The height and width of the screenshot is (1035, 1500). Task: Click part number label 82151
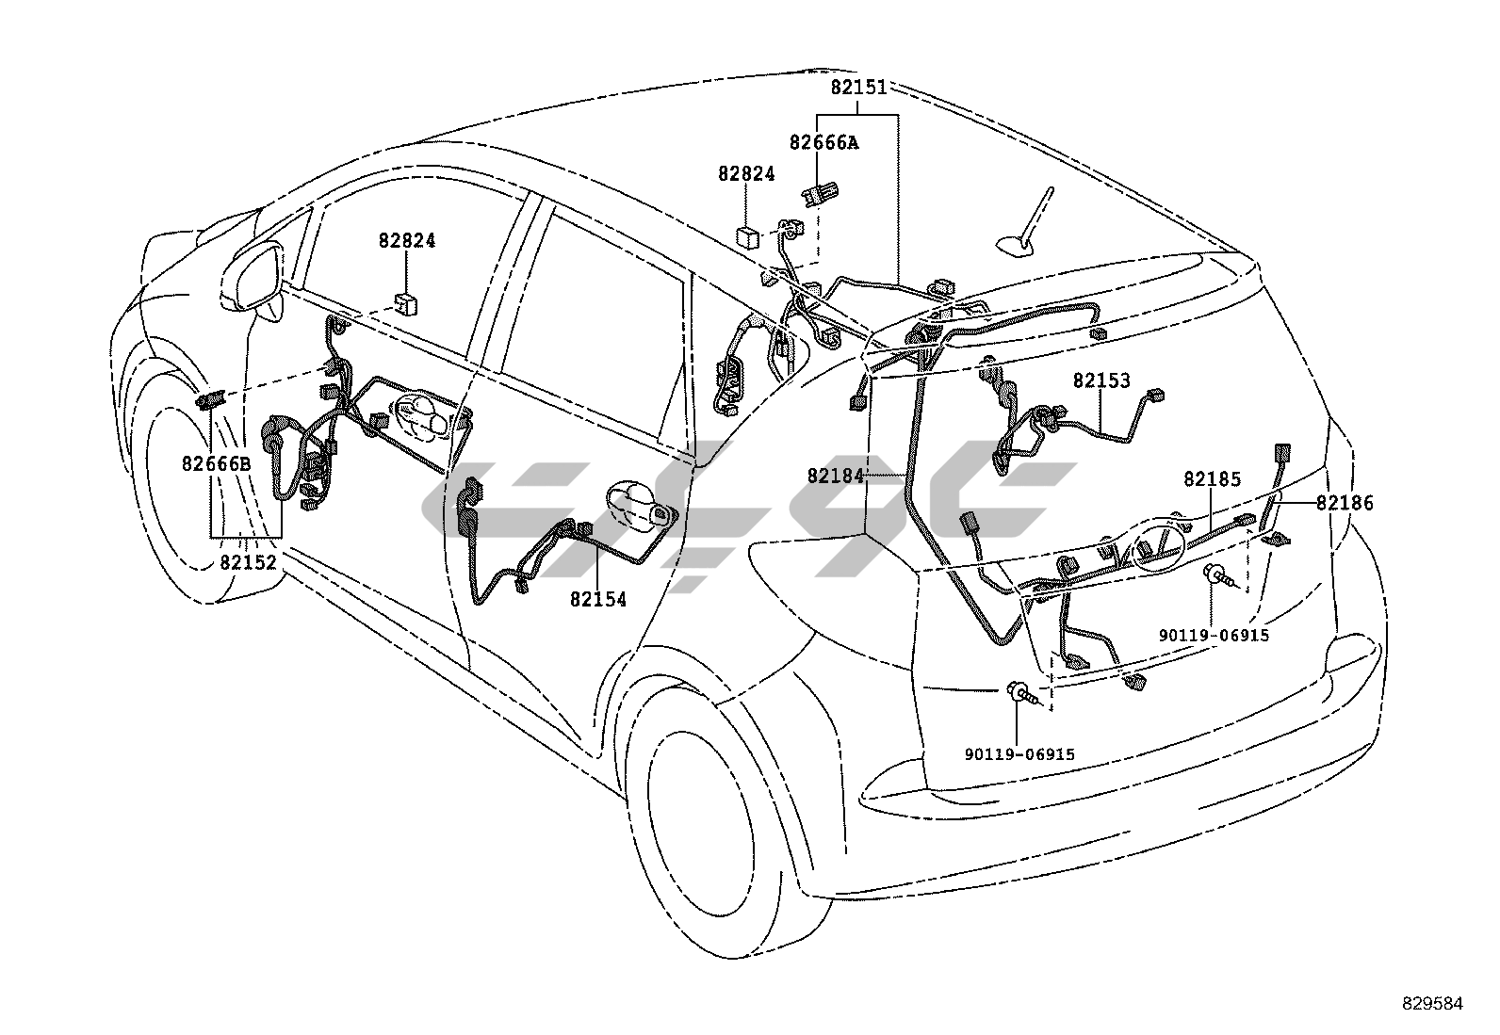tap(858, 88)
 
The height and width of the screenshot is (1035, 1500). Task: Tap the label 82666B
tap(217, 463)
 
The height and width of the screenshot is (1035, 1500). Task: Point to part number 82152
tap(249, 562)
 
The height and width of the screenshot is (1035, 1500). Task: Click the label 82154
tap(597, 599)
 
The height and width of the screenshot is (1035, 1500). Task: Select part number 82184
tap(835, 476)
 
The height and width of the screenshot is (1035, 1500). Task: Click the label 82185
tap(1212, 479)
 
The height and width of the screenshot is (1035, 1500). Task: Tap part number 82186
tap(1345, 503)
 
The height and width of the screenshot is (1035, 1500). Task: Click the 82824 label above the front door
tap(407, 240)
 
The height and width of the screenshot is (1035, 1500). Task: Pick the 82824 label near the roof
tap(746, 173)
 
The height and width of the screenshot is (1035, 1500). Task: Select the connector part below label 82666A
tap(814, 195)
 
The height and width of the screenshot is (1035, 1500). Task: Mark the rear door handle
tap(638, 505)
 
